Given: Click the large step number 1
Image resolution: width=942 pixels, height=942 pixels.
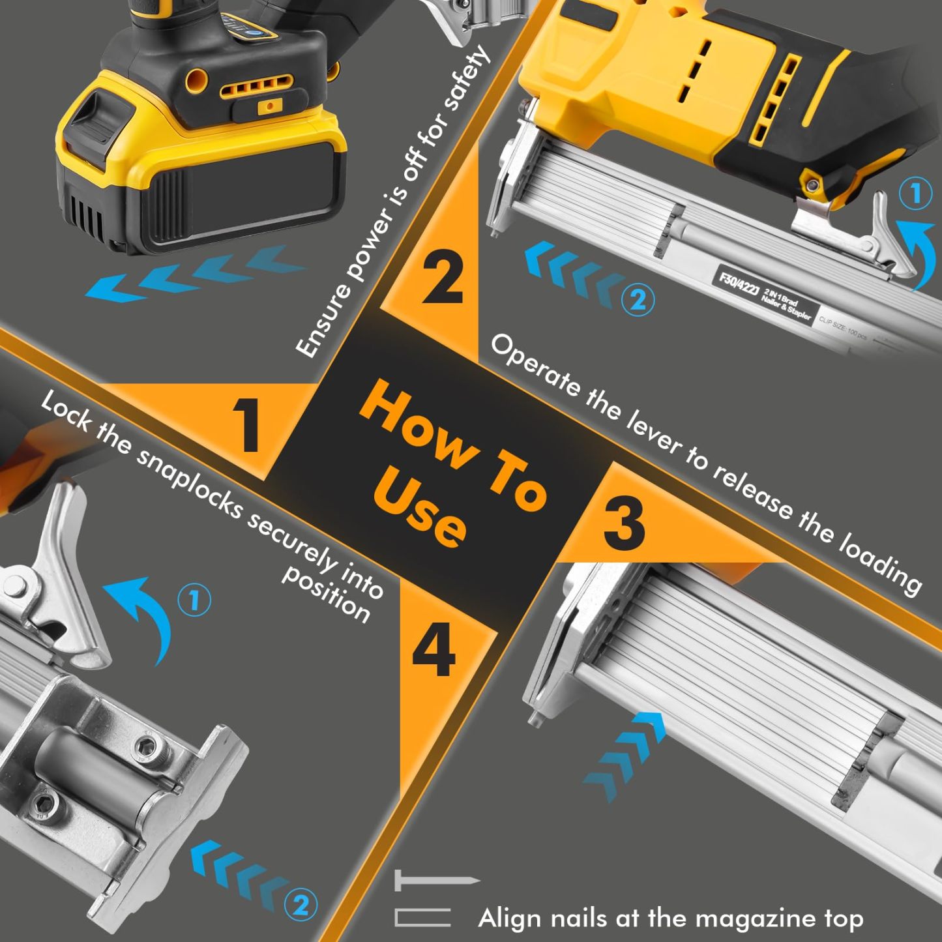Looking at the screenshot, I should pos(248,425).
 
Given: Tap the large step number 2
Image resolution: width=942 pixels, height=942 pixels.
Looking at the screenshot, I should pos(443,279).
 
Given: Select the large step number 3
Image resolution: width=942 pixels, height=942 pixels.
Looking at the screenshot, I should pos(624,523).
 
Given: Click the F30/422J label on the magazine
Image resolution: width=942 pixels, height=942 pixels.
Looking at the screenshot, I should pos(738,284).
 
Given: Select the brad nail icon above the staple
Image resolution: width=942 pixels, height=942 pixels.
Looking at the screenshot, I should pos(435,881).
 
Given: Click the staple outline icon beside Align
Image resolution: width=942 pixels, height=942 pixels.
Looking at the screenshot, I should pos(422,917).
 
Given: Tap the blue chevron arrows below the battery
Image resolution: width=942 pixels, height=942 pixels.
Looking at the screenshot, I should pos(196,274).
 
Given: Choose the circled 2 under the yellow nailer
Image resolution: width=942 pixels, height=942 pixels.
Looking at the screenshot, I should pos(637,300).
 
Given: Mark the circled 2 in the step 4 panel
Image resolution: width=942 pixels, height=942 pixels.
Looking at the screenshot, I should pos(300,905).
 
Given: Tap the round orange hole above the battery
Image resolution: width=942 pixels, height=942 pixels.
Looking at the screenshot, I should pos(196,81).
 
